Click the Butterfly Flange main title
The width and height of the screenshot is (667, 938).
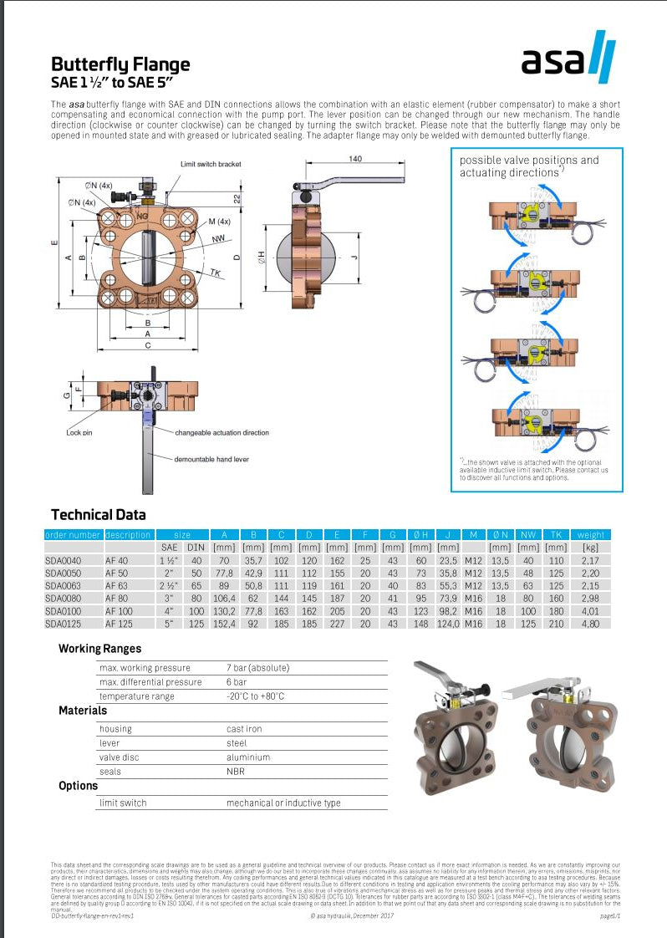120,64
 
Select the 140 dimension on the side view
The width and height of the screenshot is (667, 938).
355,158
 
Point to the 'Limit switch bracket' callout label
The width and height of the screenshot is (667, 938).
210,164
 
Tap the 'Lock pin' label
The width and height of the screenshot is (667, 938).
79,432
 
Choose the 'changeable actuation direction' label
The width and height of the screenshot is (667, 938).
222,432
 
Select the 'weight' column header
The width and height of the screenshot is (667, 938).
591,534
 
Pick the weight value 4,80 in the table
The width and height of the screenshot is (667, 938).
591,623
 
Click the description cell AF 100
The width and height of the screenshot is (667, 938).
119,610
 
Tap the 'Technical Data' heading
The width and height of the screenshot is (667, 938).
98,514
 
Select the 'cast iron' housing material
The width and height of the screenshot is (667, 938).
244,729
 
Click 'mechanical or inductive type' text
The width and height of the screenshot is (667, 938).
283,803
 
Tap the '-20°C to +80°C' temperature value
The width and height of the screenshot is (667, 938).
255,696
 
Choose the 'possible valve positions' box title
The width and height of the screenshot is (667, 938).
529,166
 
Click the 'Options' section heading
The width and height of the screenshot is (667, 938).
79,786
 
